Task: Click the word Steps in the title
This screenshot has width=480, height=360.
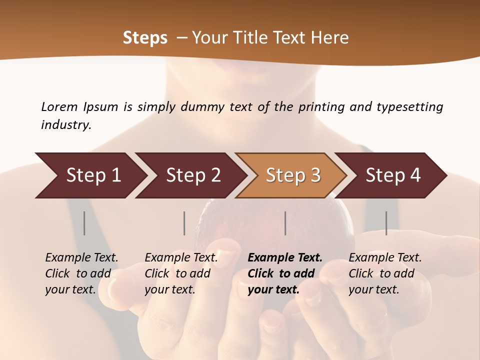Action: [145, 38]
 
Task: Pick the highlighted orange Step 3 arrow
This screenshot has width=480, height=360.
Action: [293, 175]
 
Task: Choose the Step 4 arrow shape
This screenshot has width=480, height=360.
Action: [393, 175]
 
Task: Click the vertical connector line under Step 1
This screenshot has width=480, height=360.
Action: [84, 223]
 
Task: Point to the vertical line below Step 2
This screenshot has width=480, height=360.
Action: [184, 223]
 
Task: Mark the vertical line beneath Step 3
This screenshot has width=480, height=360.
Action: [285, 223]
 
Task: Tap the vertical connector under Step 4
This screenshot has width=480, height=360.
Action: [386, 223]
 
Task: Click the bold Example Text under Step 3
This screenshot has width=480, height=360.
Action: [285, 273]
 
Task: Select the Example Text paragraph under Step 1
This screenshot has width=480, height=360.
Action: [81, 273]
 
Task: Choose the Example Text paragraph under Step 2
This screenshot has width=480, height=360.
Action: [181, 273]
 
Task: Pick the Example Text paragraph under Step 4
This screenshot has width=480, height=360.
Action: [385, 273]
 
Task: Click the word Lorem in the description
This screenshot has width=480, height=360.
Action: [59, 106]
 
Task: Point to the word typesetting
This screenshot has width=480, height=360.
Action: [409, 106]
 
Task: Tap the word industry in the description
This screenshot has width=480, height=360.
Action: [66, 125]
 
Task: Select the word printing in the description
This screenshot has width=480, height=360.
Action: [322, 106]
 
